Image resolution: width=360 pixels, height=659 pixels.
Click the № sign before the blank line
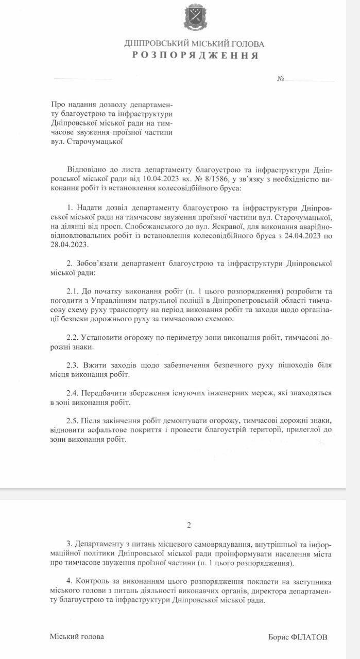tap(281, 79)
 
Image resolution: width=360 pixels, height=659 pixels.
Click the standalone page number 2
tap(189, 526)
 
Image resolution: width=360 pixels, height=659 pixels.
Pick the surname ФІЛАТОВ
tap(313, 637)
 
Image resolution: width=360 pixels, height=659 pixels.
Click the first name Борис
tap(280, 637)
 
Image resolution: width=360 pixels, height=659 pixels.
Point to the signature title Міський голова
tap(77, 636)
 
